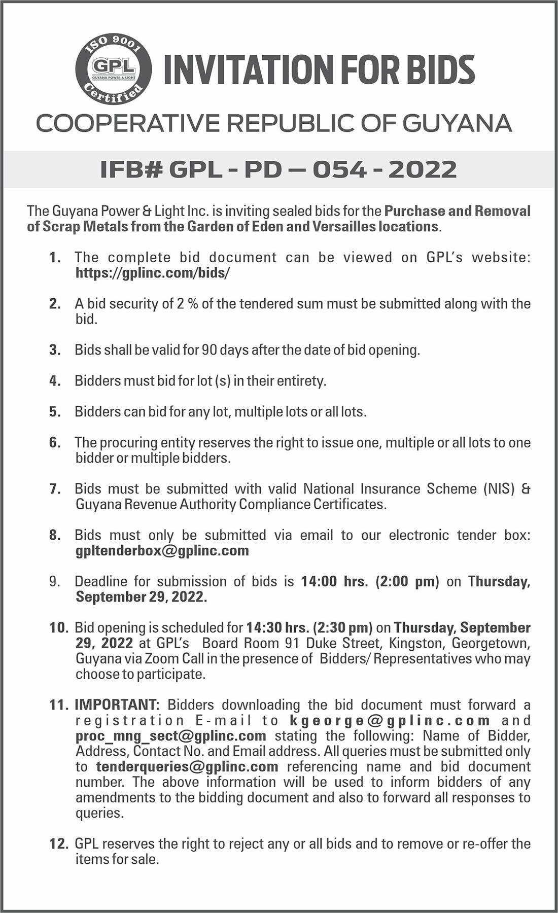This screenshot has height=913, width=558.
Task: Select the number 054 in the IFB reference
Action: pos(339,169)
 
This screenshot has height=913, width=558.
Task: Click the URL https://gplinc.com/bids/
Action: pos(152,273)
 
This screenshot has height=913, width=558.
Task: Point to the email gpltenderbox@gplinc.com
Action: pos(162,550)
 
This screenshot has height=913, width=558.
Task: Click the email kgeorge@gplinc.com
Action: pos(390,720)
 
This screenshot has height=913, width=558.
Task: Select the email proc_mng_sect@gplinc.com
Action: pos(171,735)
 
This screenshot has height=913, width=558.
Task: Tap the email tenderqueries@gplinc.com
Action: pos(187,766)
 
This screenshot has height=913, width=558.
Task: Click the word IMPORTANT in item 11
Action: pos(117,705)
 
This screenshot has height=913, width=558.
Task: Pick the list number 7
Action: pos(55,489)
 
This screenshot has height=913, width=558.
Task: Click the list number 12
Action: pos(58,844)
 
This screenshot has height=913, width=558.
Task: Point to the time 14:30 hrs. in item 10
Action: pos(278,627)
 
